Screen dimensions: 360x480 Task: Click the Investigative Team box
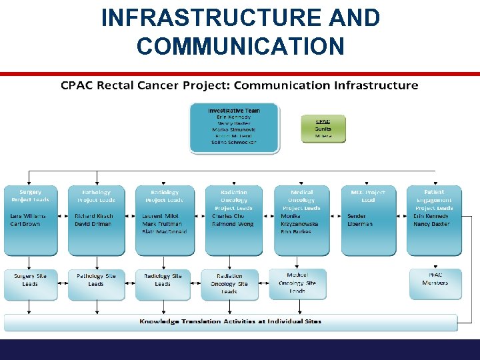pos(233,127)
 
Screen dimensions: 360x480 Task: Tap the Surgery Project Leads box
pos(30,220)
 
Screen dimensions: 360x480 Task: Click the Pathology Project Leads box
pos(96,220)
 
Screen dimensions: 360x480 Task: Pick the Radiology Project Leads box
pos(164,220)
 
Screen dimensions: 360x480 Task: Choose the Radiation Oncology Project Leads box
pos(233,220)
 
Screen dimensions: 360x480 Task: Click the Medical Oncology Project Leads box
pos(301,220)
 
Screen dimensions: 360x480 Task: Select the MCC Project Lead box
pos(368,220)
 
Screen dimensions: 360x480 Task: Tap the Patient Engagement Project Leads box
pos(435,220)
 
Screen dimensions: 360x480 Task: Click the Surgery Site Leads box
pos(30,283)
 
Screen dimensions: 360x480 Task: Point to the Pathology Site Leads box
pos(96,283)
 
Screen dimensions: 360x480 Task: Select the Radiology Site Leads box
pos(163,283)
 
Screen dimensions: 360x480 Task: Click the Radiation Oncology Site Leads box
pos(229,284)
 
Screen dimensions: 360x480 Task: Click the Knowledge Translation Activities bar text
pos(230,321)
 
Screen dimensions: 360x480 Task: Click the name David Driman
pos(93,224)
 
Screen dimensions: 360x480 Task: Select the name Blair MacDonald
pos(164,232)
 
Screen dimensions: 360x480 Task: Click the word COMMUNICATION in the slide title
pos(241,46)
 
